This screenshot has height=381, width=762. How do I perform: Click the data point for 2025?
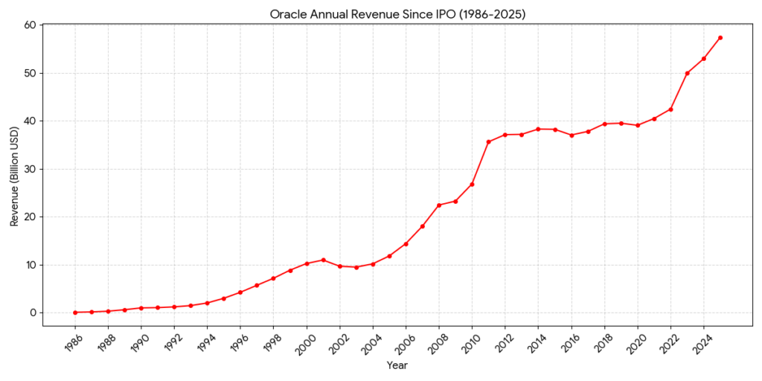(x=720, y=37)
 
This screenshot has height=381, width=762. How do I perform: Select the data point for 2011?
(x=489, y=141)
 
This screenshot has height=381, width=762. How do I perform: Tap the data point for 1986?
(x=75, y=313)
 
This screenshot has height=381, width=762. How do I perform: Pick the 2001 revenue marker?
(x=323, y=260)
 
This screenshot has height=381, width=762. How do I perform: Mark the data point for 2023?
(x=687, y=73)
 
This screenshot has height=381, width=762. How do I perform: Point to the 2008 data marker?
(x=439, y=205)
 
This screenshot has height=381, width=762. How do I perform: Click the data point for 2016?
(x=571, y=135)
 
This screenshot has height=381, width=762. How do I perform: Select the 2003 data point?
(x=356, y=267)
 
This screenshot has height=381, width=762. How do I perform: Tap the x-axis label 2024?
(x=700, y=343)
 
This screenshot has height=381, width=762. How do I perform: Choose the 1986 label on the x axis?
(x=72, y=343)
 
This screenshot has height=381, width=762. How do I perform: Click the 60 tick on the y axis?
(x=31, y=25)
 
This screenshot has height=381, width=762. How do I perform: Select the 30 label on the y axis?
(x=31, y=169)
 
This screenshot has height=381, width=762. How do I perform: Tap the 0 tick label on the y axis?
(x=33, y=313)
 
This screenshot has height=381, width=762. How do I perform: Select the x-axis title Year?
(x=397, y=365)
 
